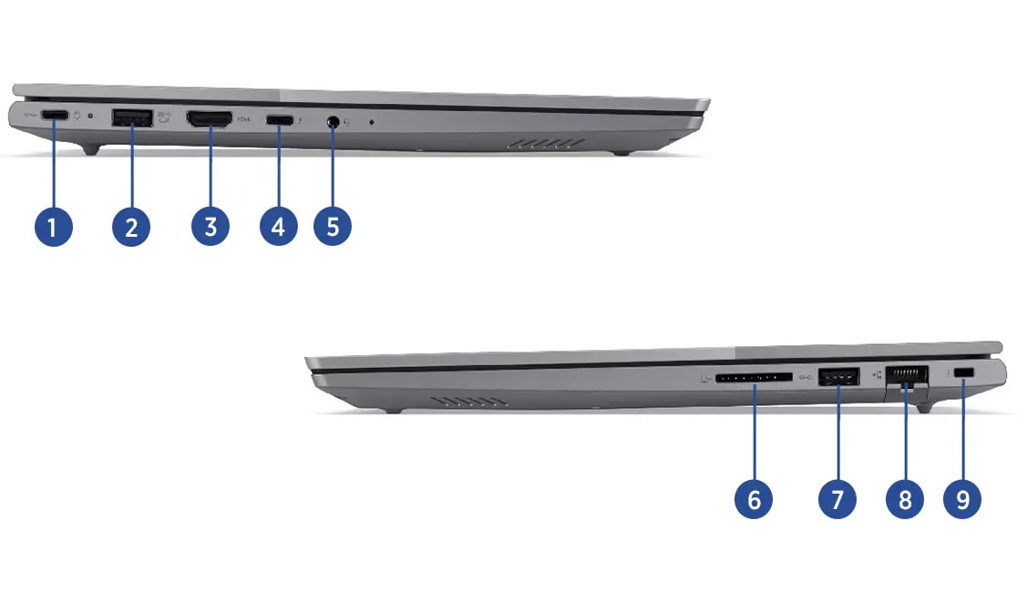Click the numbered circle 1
point(53,227)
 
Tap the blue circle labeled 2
point(131,227)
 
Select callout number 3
point(211,226)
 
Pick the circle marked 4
point(278,226)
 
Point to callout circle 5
point(333,226)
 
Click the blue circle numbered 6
point(754,499)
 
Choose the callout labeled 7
point(837,499)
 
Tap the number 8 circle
point(905,499)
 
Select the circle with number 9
point(962,499)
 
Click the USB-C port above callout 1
point(55,116)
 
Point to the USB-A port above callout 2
point(132,117)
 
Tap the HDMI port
point(209,118)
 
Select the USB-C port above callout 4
point(280,120)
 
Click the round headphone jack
point(334,121)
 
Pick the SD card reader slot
point(754,377)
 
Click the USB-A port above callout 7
point(838,376)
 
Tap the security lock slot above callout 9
point(964,373)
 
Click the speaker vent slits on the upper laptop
point(546,143)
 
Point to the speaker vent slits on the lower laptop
point(469,403)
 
